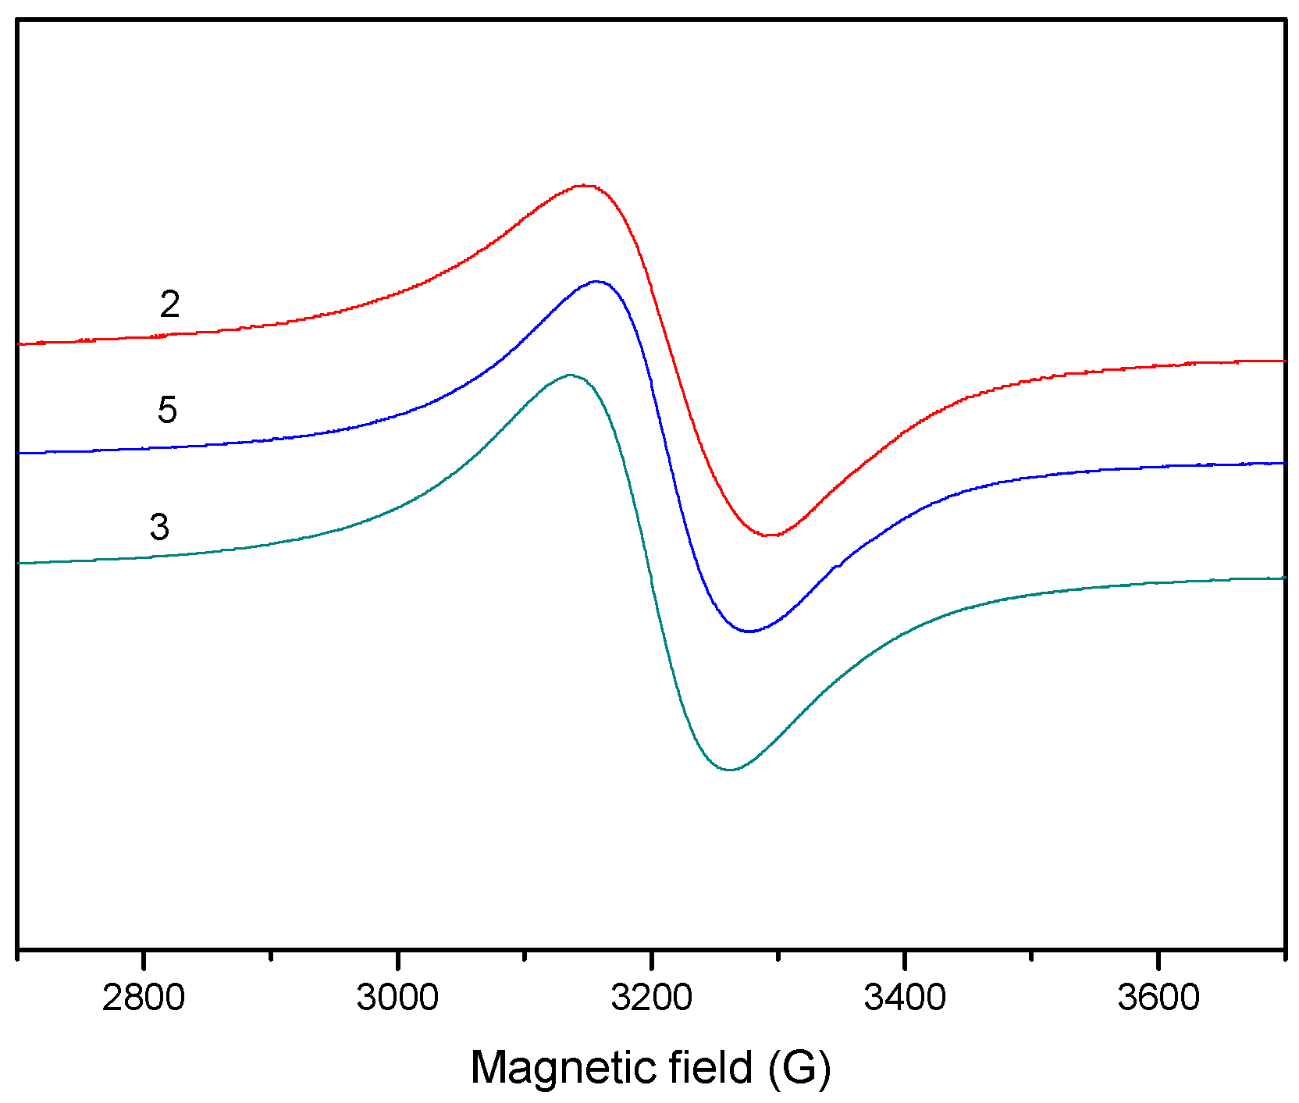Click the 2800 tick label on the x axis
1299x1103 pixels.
(x=144, y=998)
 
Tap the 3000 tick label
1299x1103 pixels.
(x=397, y=998)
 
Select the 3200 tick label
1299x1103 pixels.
(x=651, y=998)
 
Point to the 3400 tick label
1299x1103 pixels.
(x=905, y=998)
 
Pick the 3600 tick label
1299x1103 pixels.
(x=1158, y=998)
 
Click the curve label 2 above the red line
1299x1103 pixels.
(x=169, y=304)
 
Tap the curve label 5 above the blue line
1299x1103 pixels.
(x=167, y=410)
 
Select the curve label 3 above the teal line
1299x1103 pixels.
(x=159, y=527)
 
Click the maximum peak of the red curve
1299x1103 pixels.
(x=584, y=186)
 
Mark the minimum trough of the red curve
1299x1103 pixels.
(x=771, y=535)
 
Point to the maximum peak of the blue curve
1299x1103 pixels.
(x=596, y=281)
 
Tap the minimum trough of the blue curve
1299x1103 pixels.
(x=749, y=632)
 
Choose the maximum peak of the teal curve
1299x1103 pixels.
(x=570, y=375)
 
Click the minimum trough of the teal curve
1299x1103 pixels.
(x=730, y=770)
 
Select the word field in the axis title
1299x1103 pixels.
(x=710, y=1067)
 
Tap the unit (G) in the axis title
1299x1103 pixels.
(x=800, y=1067)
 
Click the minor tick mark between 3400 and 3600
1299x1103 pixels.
(x=1031, y=955)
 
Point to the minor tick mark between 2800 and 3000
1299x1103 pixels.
(x=270, y=955)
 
